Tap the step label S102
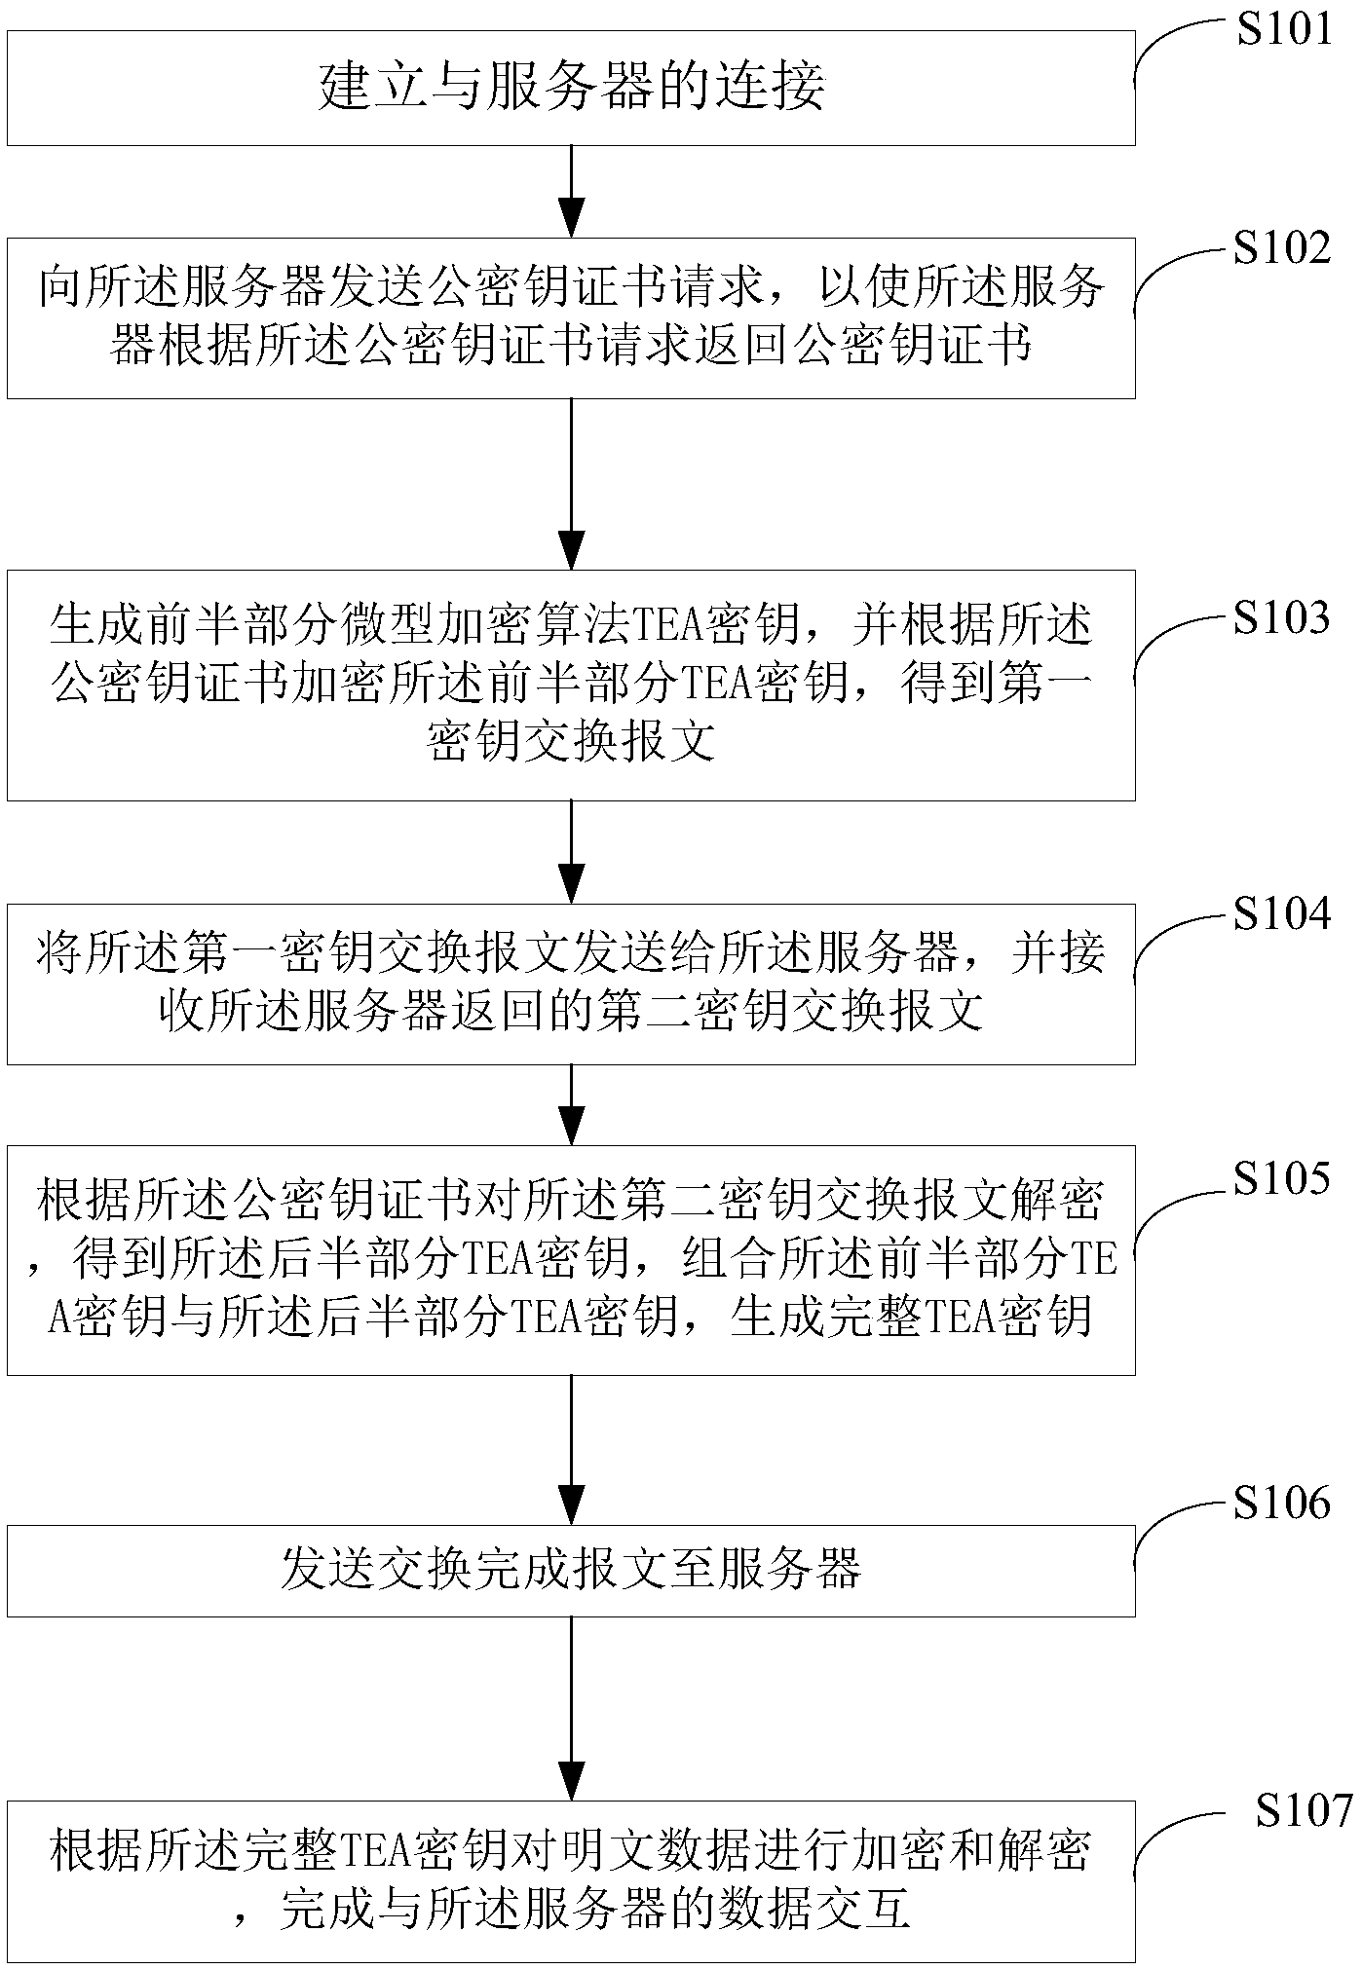(x=1281, y=248)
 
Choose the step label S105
(x=1281, y=1178)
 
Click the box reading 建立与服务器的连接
(x=571, y=89)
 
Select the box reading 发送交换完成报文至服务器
(x=571, y=1570)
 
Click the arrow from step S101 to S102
(x=571, y=191)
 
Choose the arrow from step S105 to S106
(x=571, y=1449)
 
